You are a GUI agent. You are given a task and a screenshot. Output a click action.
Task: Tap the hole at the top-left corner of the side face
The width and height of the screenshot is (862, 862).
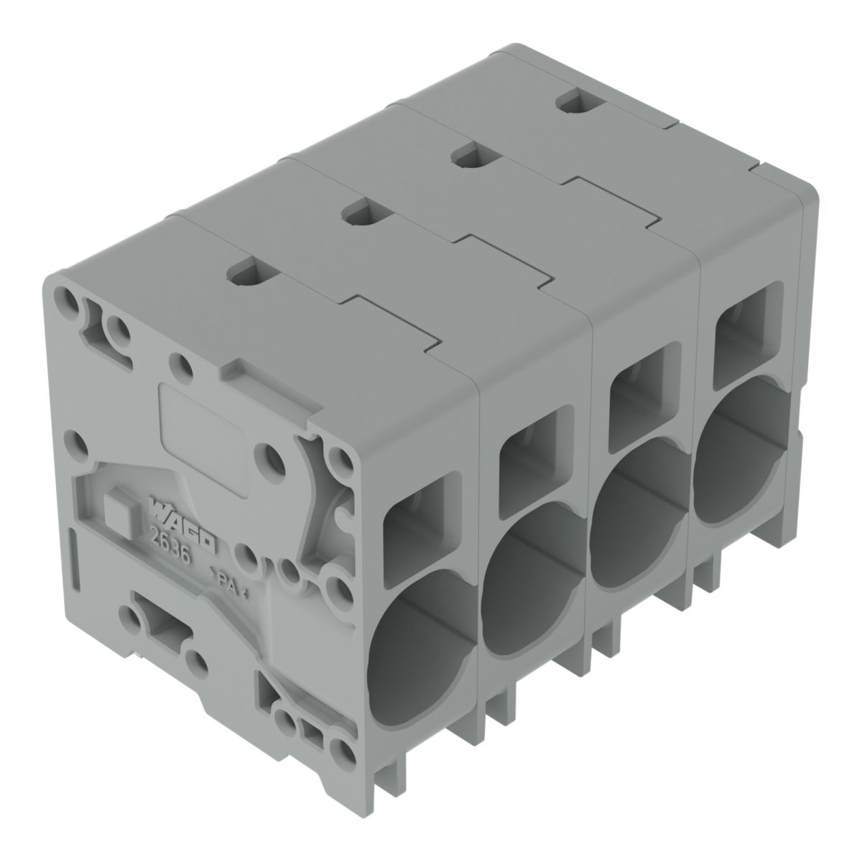pos(65,298)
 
